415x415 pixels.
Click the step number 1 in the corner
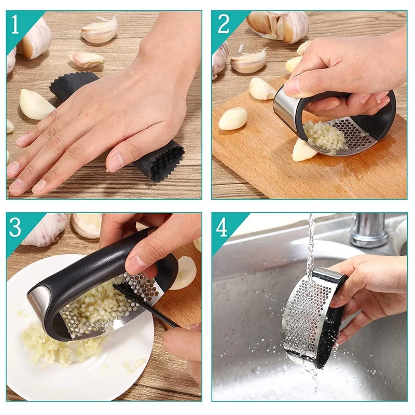pos(15,24)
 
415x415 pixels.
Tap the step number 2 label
pos(224,24)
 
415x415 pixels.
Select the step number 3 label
pos(15,227)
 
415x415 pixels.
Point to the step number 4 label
pos(222,227)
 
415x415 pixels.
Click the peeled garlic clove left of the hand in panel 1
pos(35,104)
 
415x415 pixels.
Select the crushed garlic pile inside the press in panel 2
pos(325,137)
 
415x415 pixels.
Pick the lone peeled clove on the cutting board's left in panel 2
pos(233,119)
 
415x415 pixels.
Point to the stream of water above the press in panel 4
pos(311,243)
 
